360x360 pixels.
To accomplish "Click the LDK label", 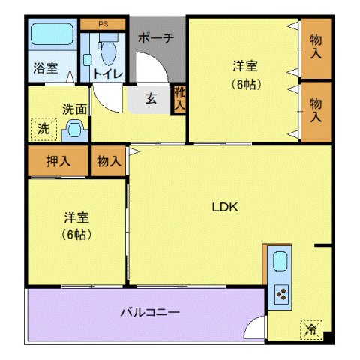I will point(223,208).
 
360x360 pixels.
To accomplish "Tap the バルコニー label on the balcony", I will point(150,312).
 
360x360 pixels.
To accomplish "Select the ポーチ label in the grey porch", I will point(157,38).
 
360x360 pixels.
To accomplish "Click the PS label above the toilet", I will point(103,23).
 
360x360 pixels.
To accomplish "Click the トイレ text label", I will point(109,73).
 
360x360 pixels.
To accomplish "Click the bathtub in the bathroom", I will point(50,36).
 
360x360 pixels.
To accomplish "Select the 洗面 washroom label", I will point(74,108).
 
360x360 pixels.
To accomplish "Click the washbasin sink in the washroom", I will point(74,129).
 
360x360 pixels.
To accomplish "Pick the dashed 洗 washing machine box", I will point(43,129).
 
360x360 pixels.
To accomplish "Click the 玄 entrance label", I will point(151,98).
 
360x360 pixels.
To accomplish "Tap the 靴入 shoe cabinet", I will point(178,99).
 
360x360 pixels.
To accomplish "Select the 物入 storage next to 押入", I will point(109,160).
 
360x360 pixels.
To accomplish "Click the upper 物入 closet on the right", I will point(316,47).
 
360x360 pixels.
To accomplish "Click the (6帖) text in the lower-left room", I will point(76,234).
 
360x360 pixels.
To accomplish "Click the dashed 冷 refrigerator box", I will point(310,328).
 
